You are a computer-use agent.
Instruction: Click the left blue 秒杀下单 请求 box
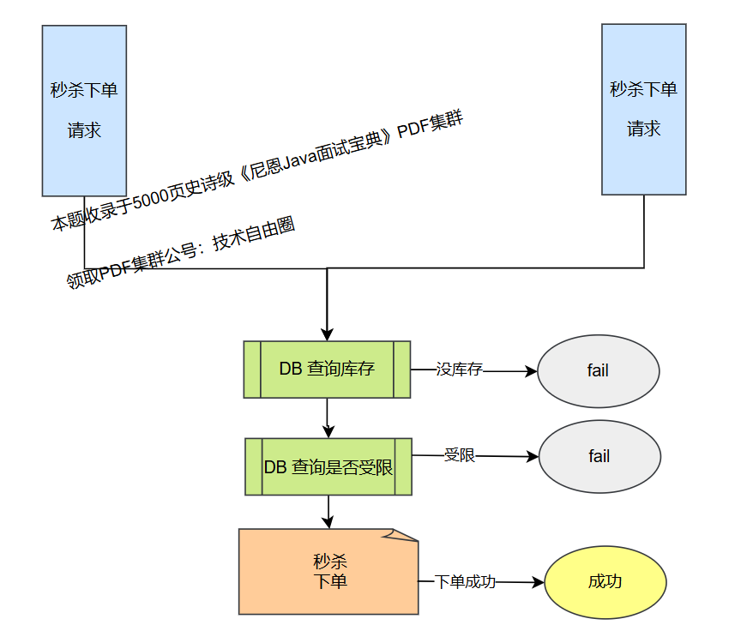coord(84,111)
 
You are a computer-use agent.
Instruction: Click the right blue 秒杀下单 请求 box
coord(643,109)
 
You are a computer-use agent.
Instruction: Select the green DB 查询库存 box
coord(327,370)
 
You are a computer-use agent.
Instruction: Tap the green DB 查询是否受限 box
coord(328,467)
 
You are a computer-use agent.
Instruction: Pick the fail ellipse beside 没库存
coord(598,371)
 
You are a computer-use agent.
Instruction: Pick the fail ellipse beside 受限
coord(599,457)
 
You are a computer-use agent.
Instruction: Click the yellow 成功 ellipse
coord(605,582)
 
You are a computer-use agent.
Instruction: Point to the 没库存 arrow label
coord(459,370)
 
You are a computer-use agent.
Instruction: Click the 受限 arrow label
coord(459,455)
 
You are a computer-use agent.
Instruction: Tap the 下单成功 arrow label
coord(465,581)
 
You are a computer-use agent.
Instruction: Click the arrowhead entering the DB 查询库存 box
coord(327,334)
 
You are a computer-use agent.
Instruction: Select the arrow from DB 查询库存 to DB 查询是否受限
coord(327,418)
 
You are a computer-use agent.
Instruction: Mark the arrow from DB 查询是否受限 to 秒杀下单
coord(327,512)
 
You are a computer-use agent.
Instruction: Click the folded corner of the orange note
coord(401,535)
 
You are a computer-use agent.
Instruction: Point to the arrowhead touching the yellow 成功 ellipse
coord(539,582)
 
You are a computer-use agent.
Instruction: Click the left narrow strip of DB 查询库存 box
coord(252,370)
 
